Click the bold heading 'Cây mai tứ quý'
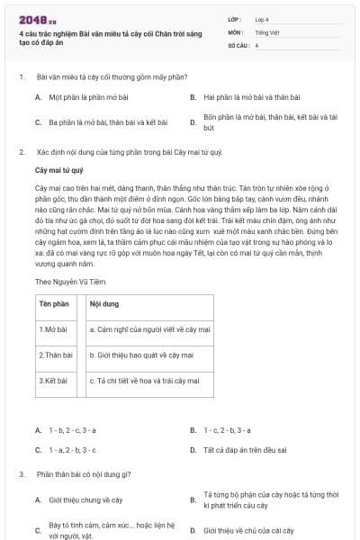pyautogui.click(x=58, y=169)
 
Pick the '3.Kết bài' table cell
pyautogui.click(x=55, y=381)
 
